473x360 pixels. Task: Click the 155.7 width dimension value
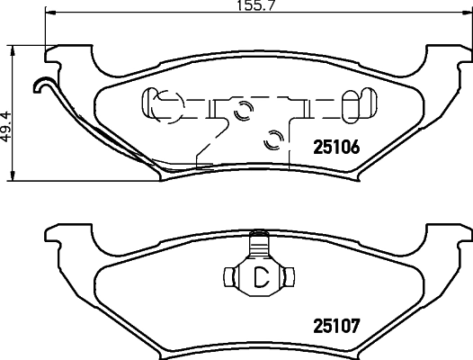(x=255, y=5)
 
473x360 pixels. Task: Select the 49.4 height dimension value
(x=6, y=127)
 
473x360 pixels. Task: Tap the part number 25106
(x=336, y=147)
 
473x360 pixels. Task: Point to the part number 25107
(x=336, y=326)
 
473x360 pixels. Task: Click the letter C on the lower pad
(x=261, y=277)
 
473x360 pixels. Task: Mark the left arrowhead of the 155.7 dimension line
(x=50, y=13)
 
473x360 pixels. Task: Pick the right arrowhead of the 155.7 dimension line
(x=468, y=13)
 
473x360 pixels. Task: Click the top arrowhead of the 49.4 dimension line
(x=13, y=51)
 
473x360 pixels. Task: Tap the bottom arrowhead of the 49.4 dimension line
(x=13, y=175)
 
